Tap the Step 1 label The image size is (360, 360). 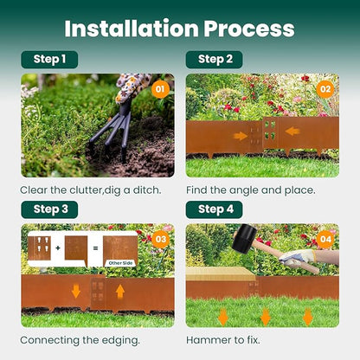(49, 60)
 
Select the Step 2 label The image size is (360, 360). (215, 60)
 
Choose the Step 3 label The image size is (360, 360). (49, 209)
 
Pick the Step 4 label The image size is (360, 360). (215, 209)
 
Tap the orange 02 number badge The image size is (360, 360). (325, 89)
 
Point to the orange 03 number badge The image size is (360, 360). (159, 239)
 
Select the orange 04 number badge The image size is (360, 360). (325, 239)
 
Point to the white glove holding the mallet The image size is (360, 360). (298, 258)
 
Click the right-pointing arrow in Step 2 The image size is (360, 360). (240, 136)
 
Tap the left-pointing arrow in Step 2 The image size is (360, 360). (292, 132)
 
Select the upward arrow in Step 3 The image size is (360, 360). (119, 291)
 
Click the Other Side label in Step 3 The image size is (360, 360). (119, 263)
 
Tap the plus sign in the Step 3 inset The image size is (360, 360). (57, 247)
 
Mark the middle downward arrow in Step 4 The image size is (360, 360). (265, 316)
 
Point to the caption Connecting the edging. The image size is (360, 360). (80, 340)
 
